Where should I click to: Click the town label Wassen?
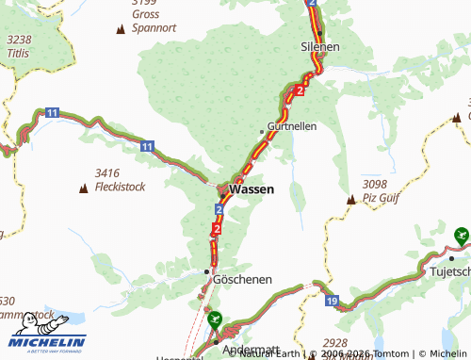pyautogui.click(x=252, y=189)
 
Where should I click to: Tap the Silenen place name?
pyautogui.click(x=319, y=45)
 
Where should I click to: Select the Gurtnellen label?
pyautogui.click(x=292, y=125)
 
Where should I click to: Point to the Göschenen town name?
pyautogui.click(x=243, y=280)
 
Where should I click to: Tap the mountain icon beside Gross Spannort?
pyautogui.click(x=120, y=29)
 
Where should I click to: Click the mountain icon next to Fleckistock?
pyautogui.click(x=84, y=188)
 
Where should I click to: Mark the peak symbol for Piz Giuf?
pyautogui.click(x=351, y=199)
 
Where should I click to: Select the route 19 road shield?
pyautogui.click(x=333, y=300)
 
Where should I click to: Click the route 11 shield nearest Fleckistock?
pyautogui.click(x=147, y=146)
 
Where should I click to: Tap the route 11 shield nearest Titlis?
pyautogui.click(x=52, y=113)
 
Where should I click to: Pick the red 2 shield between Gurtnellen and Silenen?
pyautogui.click(x=299, y=90)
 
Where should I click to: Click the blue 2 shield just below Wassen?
pyautogui.click(x=219, y=208)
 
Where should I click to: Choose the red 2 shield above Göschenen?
pyautogui.click(x=218, y=228)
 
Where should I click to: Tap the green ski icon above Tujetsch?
pyautogui.click(x=460, y=233)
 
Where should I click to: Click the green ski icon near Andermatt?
pyautogui.click(x=216, y=320)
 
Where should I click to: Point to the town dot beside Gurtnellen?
pyautogui.click(x=262, y=130)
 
